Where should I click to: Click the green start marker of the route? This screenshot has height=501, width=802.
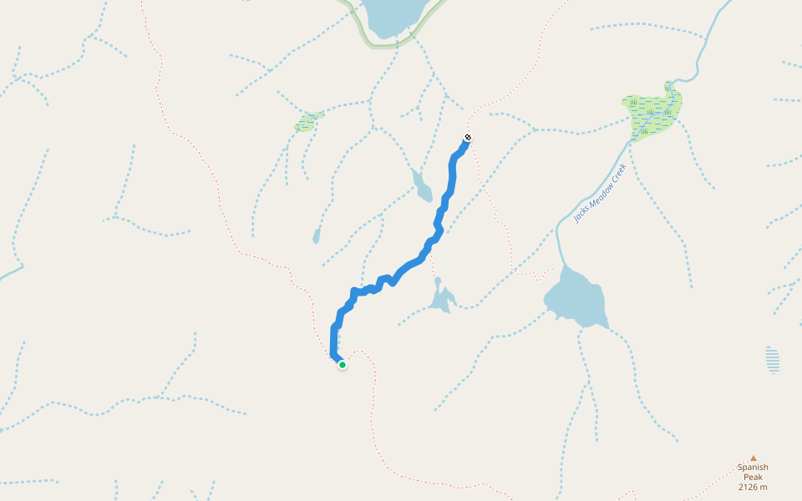[343, 364]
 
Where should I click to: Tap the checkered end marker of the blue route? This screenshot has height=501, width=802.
[468, 138]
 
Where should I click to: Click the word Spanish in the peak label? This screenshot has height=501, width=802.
[753, 468]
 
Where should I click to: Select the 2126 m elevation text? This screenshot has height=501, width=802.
[753, 487]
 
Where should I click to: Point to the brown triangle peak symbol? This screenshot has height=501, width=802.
[753, 458]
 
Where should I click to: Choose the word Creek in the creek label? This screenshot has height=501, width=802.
[618, 173]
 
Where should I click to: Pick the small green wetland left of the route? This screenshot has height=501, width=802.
[307, 122]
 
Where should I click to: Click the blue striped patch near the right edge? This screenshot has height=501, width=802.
[773, 361]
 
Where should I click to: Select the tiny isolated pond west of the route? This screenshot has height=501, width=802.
[317, 237]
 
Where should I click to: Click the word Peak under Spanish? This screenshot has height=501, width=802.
[753, 477]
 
